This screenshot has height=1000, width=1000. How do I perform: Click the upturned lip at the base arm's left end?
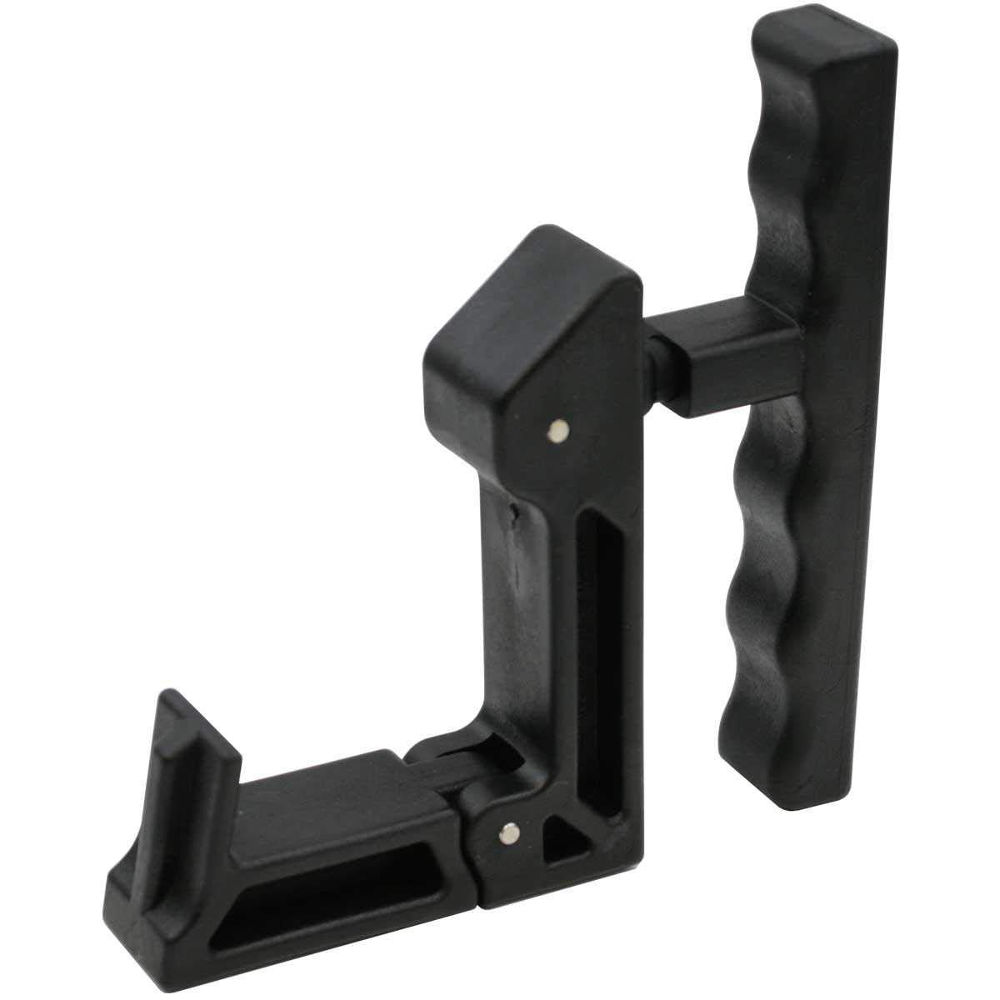point(179,750)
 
